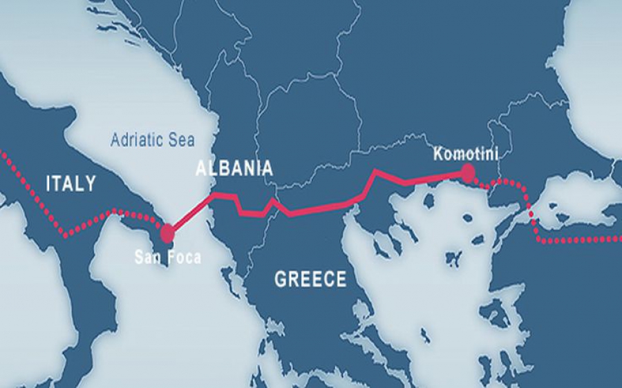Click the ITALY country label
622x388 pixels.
pos(70,184)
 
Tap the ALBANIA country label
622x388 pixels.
pos(234,168)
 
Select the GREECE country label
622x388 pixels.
pos(310,280)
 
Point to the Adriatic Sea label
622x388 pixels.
pos(152,140)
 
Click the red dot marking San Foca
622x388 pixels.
pos(167,233)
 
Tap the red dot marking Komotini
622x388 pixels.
pos(469,172)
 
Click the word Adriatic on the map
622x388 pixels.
pos(138,140)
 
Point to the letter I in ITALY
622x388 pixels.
pos(48,184)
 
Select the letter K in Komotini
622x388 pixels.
pos(437,153)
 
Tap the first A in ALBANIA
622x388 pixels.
pos(201,168)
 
